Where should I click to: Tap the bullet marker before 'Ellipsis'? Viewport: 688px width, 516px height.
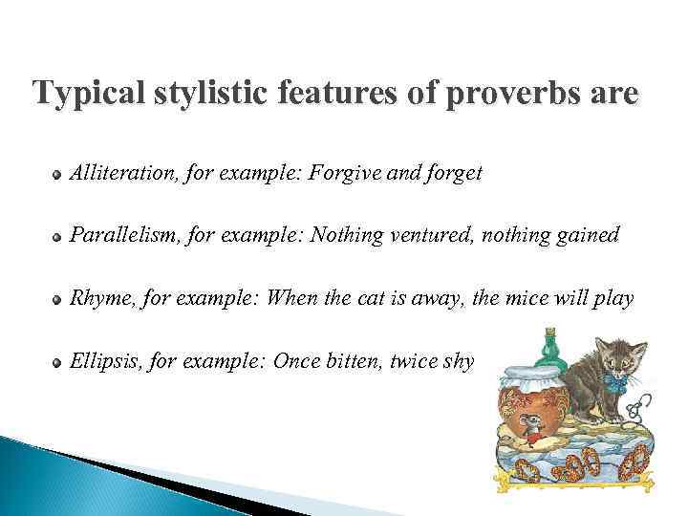[58, 363]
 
